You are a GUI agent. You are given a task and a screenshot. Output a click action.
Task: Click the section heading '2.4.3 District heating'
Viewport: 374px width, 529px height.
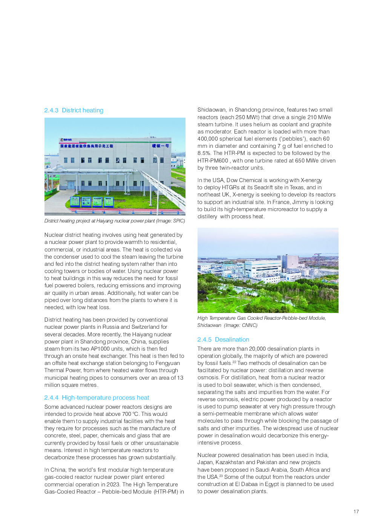coord(74,110)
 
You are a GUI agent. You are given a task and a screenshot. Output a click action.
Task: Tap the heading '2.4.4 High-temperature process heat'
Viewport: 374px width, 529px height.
coord(97,398)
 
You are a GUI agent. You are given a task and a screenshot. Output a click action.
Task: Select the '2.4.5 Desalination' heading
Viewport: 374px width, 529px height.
coord(223,340)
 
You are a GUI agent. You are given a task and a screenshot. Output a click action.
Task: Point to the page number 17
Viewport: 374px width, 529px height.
coord(356,512)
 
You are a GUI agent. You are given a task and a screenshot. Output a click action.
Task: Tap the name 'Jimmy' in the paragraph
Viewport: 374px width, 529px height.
coord(300,202)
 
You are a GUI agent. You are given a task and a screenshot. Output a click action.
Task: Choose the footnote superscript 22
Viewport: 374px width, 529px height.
coord(234,362)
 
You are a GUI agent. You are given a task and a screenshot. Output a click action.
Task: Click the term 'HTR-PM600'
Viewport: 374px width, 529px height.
coord(213,161)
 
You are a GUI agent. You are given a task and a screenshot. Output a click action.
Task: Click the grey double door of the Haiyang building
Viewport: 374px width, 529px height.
coord(71,185)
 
